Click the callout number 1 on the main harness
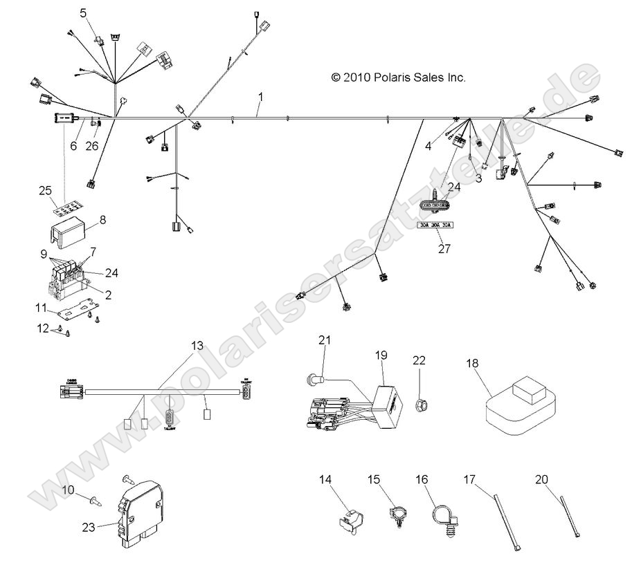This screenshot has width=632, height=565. [260, 95]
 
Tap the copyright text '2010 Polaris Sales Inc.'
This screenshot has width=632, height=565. [399, 78]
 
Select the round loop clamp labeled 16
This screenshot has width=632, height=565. [442, 518]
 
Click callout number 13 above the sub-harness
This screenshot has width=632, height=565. [197, 345]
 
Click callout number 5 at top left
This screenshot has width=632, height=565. [84, 12]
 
